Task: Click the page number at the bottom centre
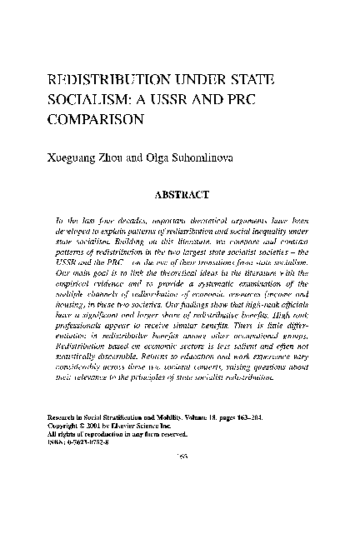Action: (x=179, y=479)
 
